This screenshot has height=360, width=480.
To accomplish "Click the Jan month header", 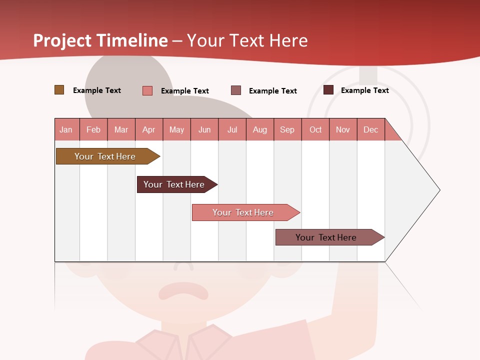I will tap(66, 129).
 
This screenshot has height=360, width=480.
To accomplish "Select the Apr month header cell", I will tap(149, 129).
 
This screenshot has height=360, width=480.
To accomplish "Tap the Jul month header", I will tap(232, 129).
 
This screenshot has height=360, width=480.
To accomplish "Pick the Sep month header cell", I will tap(287, 129).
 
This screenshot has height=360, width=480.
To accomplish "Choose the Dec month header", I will tap(370, 129).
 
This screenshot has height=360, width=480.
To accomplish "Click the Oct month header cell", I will tap(315, 129).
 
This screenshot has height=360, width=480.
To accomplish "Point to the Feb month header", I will tap(93, 129).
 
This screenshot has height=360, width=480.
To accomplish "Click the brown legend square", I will tap(59, 90).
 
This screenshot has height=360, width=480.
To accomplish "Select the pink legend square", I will tap(147, 90).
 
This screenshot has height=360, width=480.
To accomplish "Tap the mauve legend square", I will tap(236, 90).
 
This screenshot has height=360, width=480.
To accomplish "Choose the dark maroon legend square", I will tap(328, 90).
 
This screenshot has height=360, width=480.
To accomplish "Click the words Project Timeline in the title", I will tap(100, 40).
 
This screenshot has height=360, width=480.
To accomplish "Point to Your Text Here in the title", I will tap(247, 40).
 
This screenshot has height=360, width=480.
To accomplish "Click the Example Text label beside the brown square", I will tap(97, 90).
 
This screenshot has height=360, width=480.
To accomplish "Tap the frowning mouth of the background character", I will tap(183, 290).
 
